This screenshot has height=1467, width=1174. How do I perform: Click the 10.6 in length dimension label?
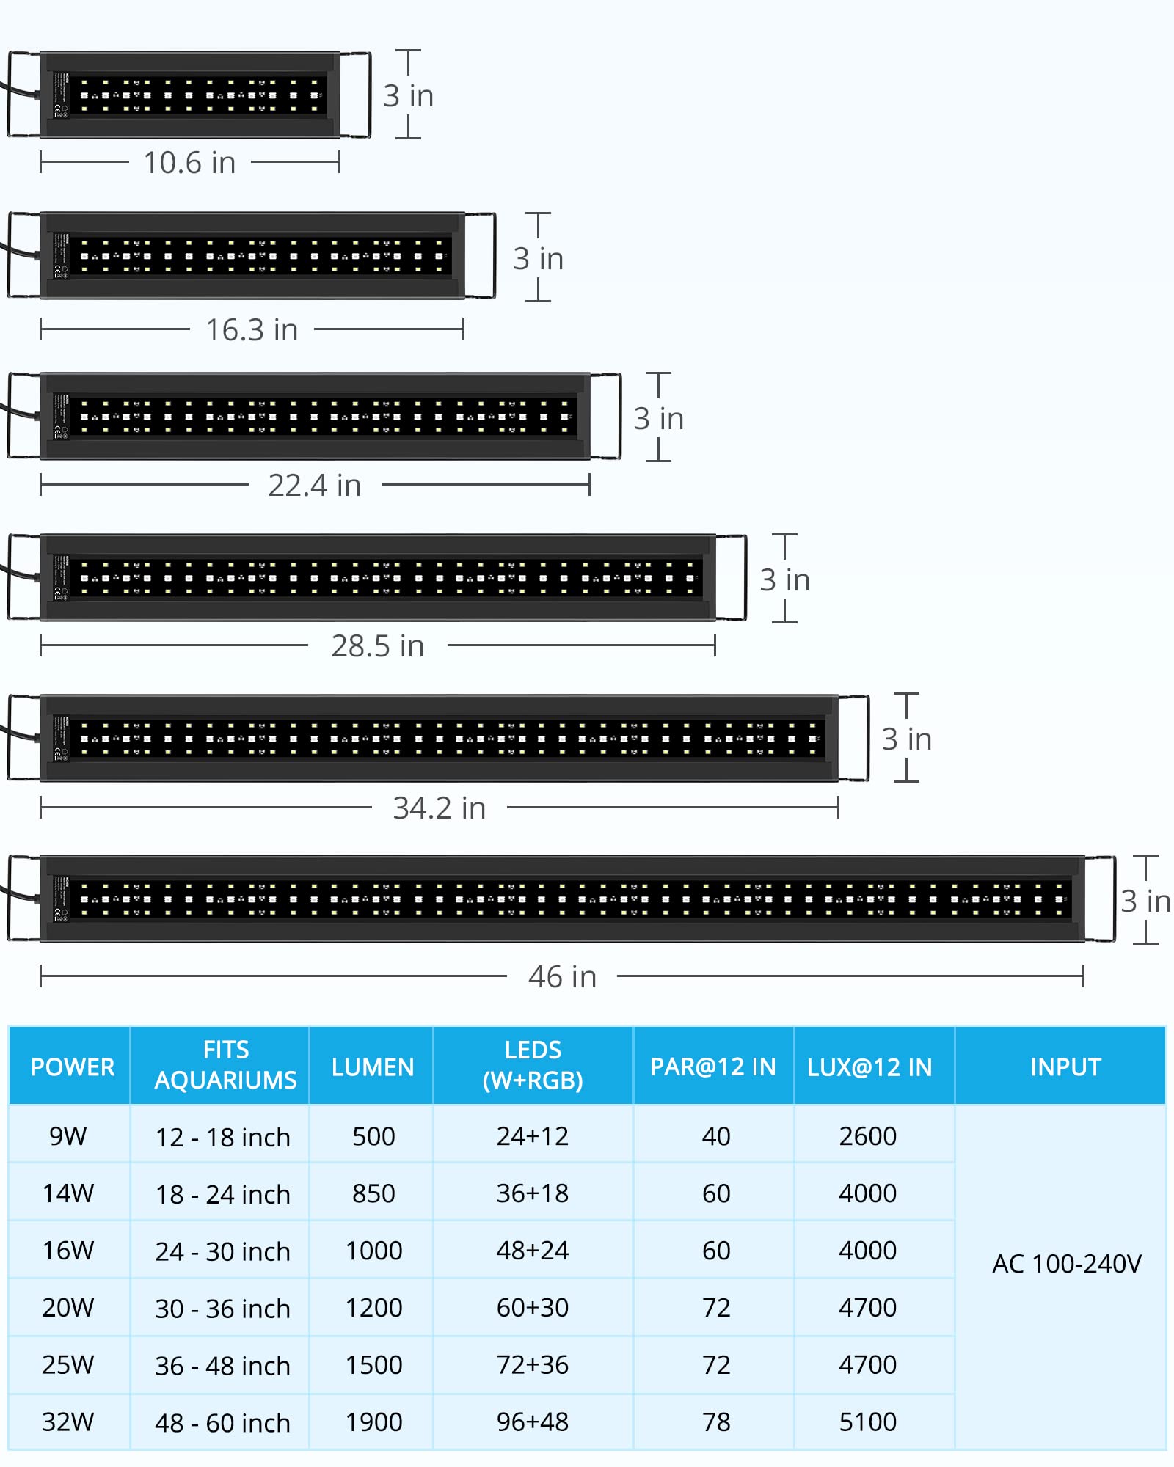pyautogui.click(x=189, y=163)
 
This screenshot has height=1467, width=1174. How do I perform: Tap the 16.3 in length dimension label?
pyautogui.click(x=252, y=330)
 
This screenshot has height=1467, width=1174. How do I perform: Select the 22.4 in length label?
pyautogui.click(x=315, y=486)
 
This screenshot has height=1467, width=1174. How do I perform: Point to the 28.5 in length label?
pyautogui.click(x=378, y=646)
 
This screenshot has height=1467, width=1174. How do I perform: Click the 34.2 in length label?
pyautogui.click(x=440, y=808)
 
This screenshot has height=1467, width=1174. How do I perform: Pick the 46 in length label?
pyautogui.click(x=563, y=977)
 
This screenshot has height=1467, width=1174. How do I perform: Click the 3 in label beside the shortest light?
pyautogui.click(x=409, y=96)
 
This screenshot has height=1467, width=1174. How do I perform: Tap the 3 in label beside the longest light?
pyautogui.click(x=1145, y=901)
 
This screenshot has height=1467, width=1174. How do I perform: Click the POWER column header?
pyautogui.click(x=73, y=1067)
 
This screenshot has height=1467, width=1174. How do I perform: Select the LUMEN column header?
pyautogui.click(x=373, y=1067)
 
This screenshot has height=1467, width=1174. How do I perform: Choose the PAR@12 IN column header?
pyautogui.click(x=713, y=1067)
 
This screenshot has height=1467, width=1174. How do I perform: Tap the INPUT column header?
pyautogui.click(x=1065, y=1067)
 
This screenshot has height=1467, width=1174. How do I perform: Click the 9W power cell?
pyautogui.click(x=68, y=1136)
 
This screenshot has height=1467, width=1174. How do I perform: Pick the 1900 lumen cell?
pyautogui.click(x=374, y=1422)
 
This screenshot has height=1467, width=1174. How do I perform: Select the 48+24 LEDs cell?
pyautogui.click(x=533, y=1251)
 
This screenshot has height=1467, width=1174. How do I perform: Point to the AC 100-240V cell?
pyautogui.click(x=1067, y=1264)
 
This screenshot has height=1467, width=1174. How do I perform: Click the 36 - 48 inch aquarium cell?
pyautogui.click(x=223, y=1366)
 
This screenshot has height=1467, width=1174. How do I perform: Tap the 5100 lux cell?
pyautogui.click(x=868, y=1422)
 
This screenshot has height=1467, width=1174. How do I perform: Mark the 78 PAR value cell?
pyautogui.click(x=716, y=1422)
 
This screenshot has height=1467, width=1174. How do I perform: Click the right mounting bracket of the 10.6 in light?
pyautogui.click(x=356, y=95)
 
